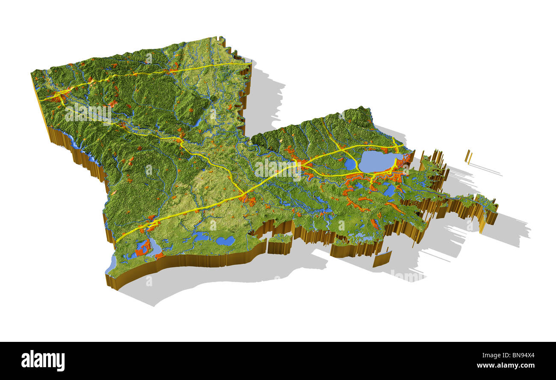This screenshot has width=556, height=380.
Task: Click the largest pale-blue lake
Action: (376, 162)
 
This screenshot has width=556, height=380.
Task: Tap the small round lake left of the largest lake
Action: (350, 164)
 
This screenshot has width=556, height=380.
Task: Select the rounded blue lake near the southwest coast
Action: (225, 241)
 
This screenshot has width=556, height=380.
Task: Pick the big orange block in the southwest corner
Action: (143, 248)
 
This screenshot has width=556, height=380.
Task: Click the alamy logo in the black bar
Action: (43, 361)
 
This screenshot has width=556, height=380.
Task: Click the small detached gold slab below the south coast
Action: (382, 259)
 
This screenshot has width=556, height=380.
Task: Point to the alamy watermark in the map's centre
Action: (278, 169)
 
